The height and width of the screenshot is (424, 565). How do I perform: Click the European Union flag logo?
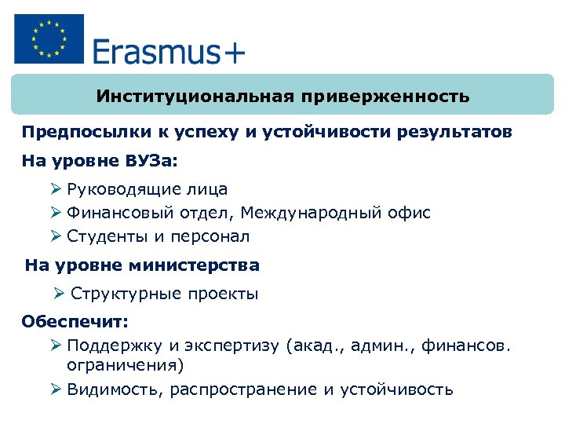pos(49,38)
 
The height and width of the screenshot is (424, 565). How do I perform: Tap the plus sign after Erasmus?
pos(234,51)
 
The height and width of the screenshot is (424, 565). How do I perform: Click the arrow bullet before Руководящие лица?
pos(55,189)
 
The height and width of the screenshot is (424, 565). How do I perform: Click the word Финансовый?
pos(113,213)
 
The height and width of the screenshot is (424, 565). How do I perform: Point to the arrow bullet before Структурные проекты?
pos(59,294)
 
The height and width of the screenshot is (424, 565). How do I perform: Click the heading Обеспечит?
pos(75,321)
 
